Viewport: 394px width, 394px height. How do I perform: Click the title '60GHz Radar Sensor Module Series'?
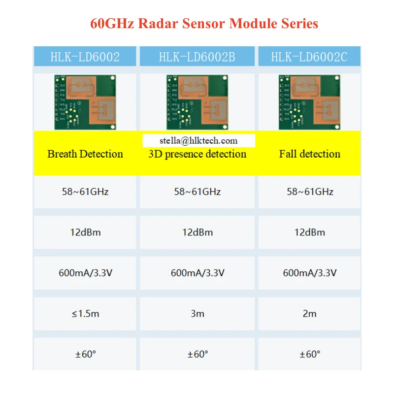click(x=204, y=23)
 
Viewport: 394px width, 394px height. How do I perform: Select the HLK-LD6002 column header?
click(x=85, y=57)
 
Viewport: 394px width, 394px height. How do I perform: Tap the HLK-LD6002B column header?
click(x=197, y=57)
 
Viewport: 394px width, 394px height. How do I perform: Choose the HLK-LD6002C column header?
click(x=309, y=57)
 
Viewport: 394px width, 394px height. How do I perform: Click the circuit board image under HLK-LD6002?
click(x=85, y=102)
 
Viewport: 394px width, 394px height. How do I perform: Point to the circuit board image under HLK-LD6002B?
click(x=197, y=102)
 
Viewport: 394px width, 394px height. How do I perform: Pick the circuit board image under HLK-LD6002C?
click(x=309, y=102)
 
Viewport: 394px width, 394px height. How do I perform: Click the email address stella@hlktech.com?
click(x=198, y=140)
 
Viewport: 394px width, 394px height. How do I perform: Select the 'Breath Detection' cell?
click(x=85, y=154)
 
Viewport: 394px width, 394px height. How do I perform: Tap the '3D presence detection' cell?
click(x=197, y=154)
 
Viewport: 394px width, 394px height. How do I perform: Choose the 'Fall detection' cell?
click(x=309, y=154)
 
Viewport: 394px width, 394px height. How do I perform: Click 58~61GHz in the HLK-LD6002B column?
click(x=197, y=192)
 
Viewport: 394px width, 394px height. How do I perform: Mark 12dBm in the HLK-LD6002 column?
click(x=86, y=232)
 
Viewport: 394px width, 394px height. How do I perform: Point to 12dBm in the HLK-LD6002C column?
click(x=310, y=232)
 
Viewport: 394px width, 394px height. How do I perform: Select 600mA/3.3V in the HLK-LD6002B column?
click(x=197, y=272)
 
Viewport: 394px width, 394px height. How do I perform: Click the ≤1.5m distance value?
click(x=86, y=313)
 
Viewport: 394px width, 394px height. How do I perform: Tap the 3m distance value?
click(x=197, y=313)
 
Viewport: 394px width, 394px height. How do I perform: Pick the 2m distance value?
click(x=310, y=313)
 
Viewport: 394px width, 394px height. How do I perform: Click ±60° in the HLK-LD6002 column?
click(x=86, y=354)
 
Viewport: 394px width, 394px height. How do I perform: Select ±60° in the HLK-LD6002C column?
click(x=310, y=354)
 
